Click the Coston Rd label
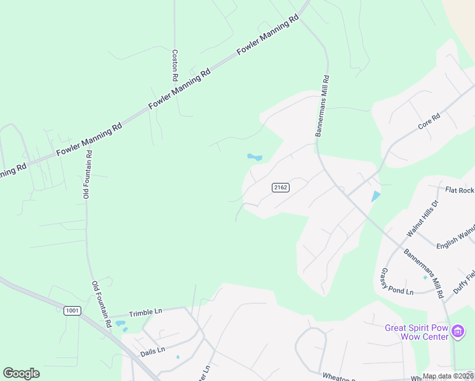pyautogui.click(x=175, y=65)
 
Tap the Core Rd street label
pyautogui.click(x=429, y=122)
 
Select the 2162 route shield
pyautogui.click(x=280, y=187)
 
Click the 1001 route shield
pyautogui.click(x=72, y=310)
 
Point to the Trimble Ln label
pyautogui.click(x=145, y=312)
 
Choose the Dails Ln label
pyautogui.click(x=152, y=350)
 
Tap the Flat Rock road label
pyautogui.click(x=460, y=190)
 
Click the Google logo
pyautogui.click(x=21, y=373)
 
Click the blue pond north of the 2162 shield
pyautogui.click(x=255, y=157)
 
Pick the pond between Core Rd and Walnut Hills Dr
pyautogui.click(x=375, y=197)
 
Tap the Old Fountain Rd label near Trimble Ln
pyautogui.click(x=102, y=304)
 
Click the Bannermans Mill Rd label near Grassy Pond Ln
pyautogui.click(x=423, y=273)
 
